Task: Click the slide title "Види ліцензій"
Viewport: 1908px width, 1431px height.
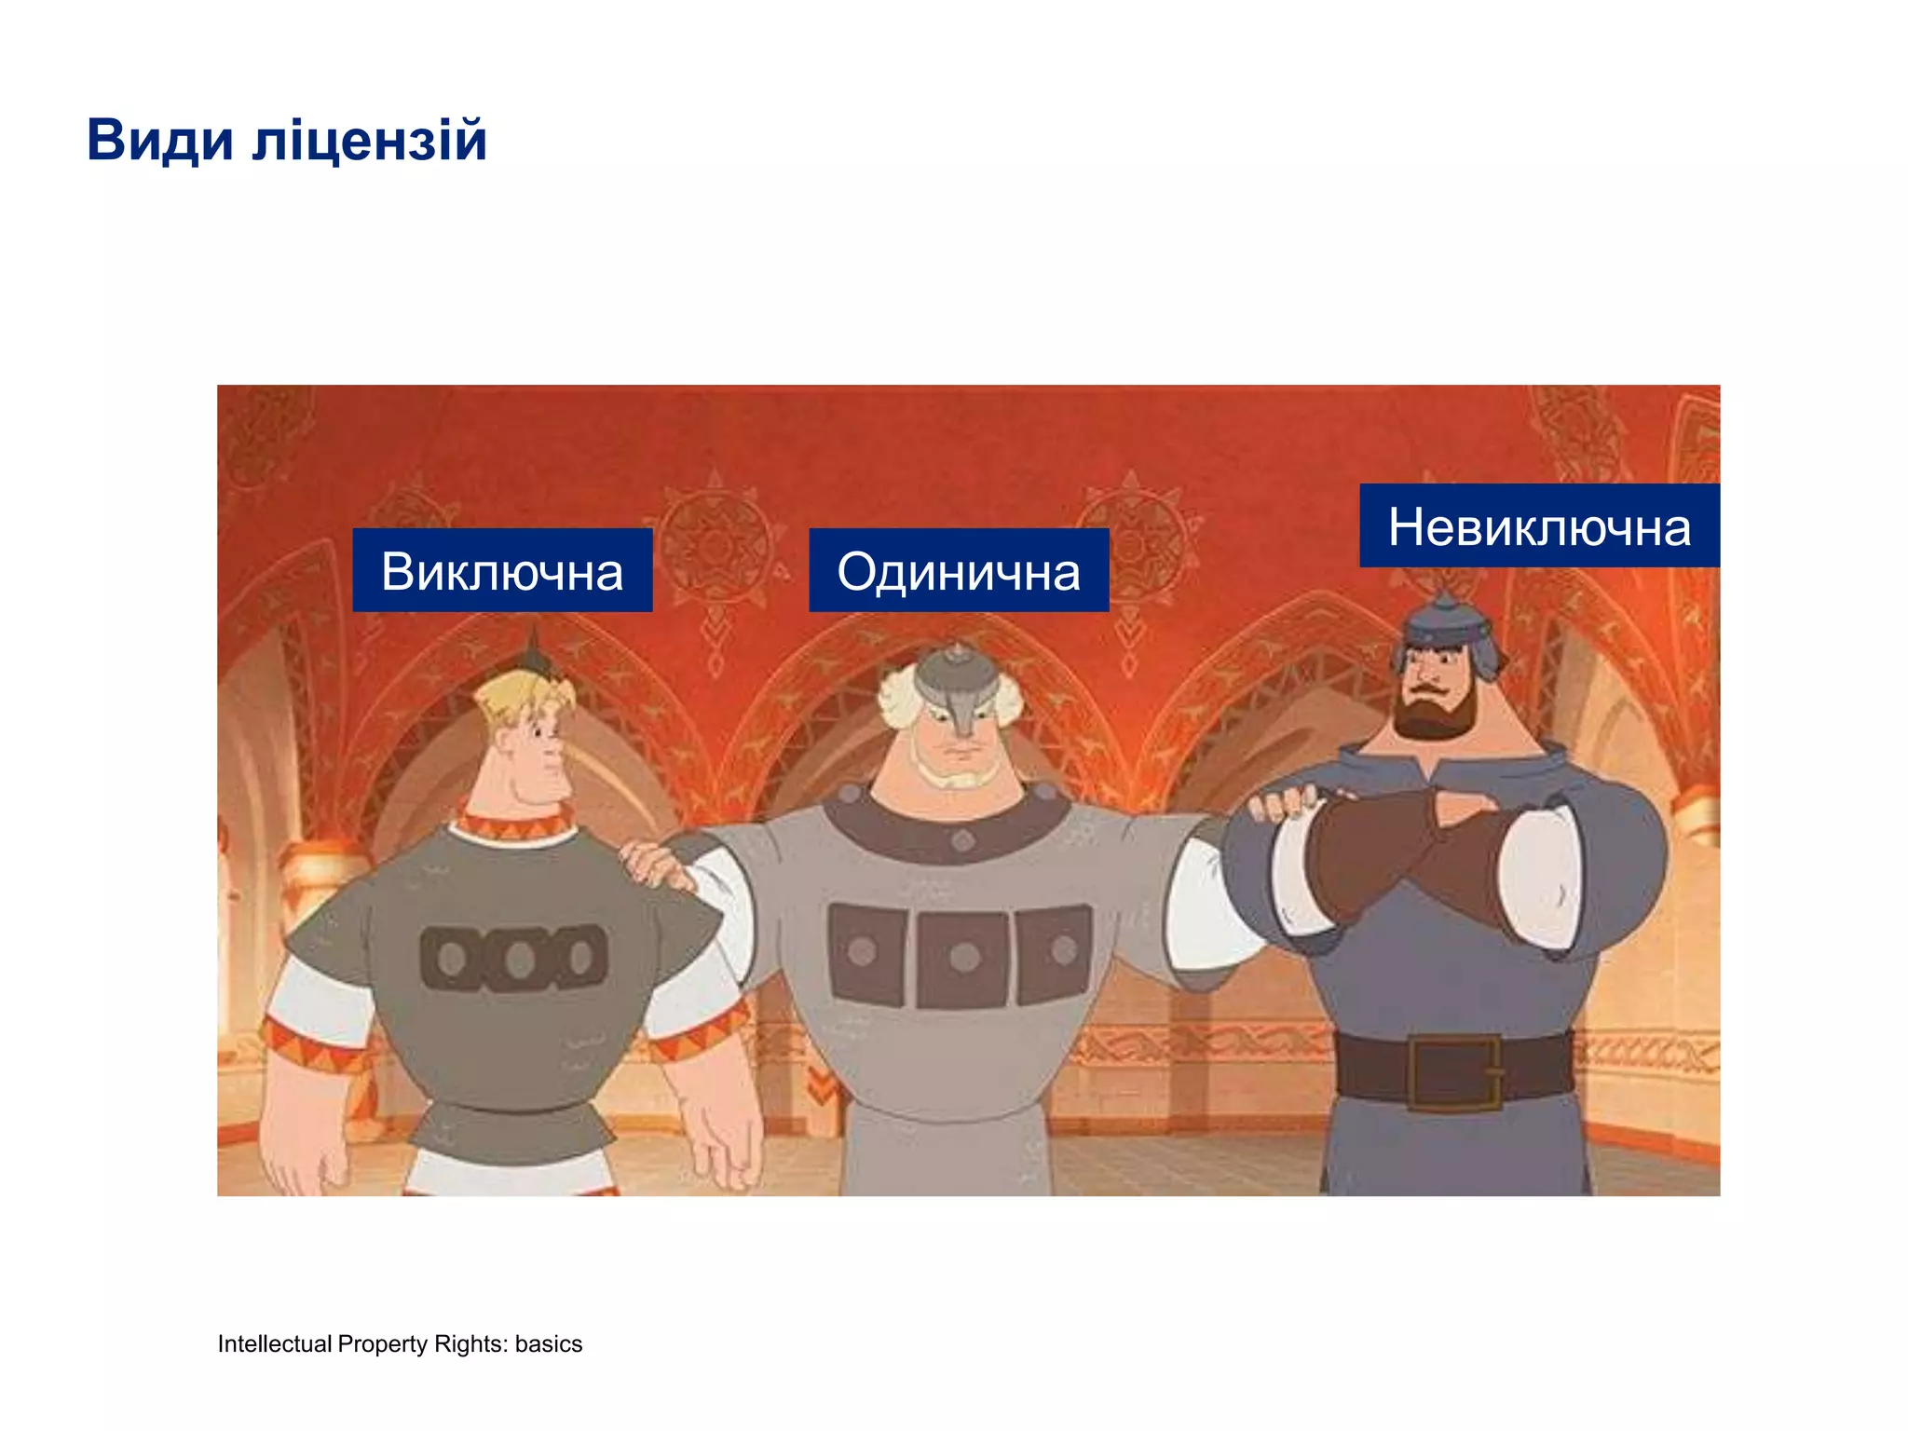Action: (287, 141)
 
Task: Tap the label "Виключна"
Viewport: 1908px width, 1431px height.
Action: (502, 571)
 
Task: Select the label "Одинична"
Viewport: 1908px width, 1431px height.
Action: (959, 571)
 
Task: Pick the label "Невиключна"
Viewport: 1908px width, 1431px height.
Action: (1539, 526)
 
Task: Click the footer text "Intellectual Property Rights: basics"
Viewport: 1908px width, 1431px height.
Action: (400, 1343)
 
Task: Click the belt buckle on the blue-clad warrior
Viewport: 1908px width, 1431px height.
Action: (1452, 1072)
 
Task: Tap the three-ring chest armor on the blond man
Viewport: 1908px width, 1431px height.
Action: (514, 957)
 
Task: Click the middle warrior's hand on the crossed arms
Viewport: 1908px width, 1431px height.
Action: (1285, 803)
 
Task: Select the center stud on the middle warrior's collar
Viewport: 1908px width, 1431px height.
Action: (963, 840)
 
